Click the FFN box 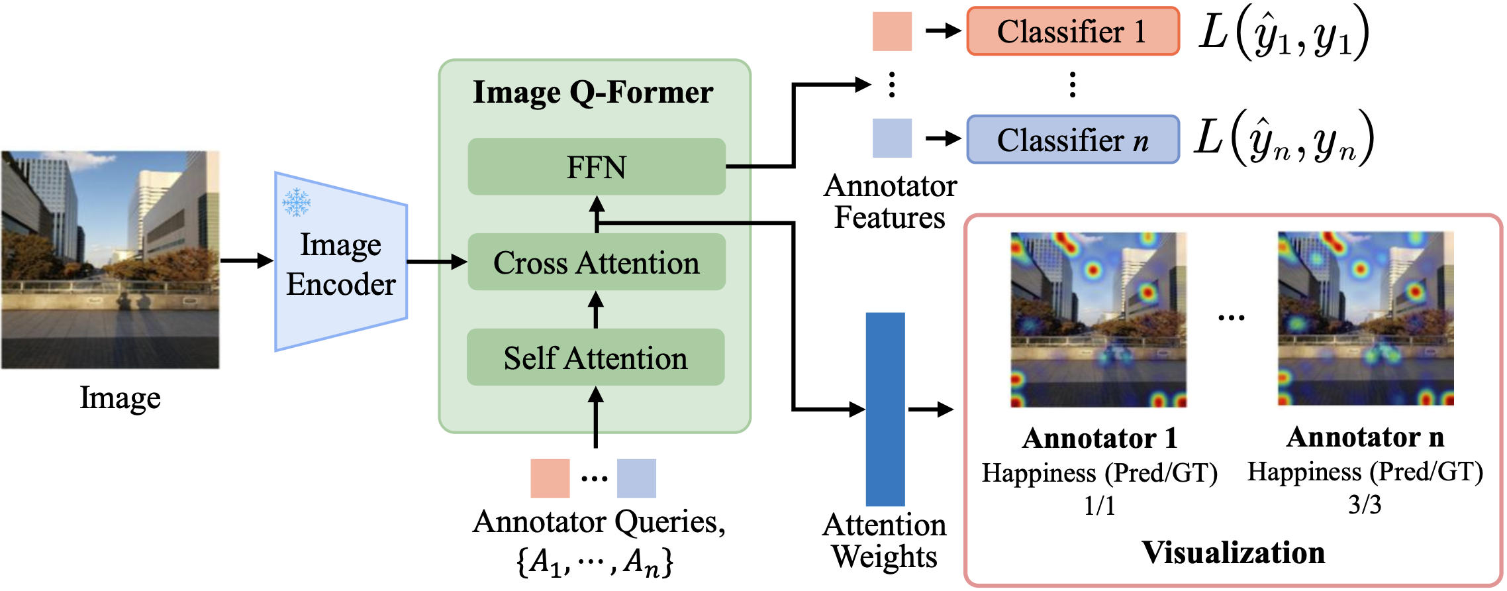(597, 166)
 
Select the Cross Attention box (597, 262)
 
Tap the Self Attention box (596, 358)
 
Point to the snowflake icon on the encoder (296, 202)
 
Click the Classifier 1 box (1073, 31)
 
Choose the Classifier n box (1073, 140)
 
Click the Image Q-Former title (593, 92)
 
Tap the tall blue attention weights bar (885, 409)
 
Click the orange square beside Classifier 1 (892, 31)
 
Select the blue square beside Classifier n (892, 138)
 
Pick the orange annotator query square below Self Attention (550, 478)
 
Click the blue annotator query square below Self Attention (636, 478)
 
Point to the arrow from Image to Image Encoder (246, 260)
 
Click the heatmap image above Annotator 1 (1098, 319)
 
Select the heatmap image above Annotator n (1365, 319)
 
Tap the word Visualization (1233, 553)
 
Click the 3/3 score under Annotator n (1365, 505)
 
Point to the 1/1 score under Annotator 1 (1099, 506)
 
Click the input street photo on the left (111, 260)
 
